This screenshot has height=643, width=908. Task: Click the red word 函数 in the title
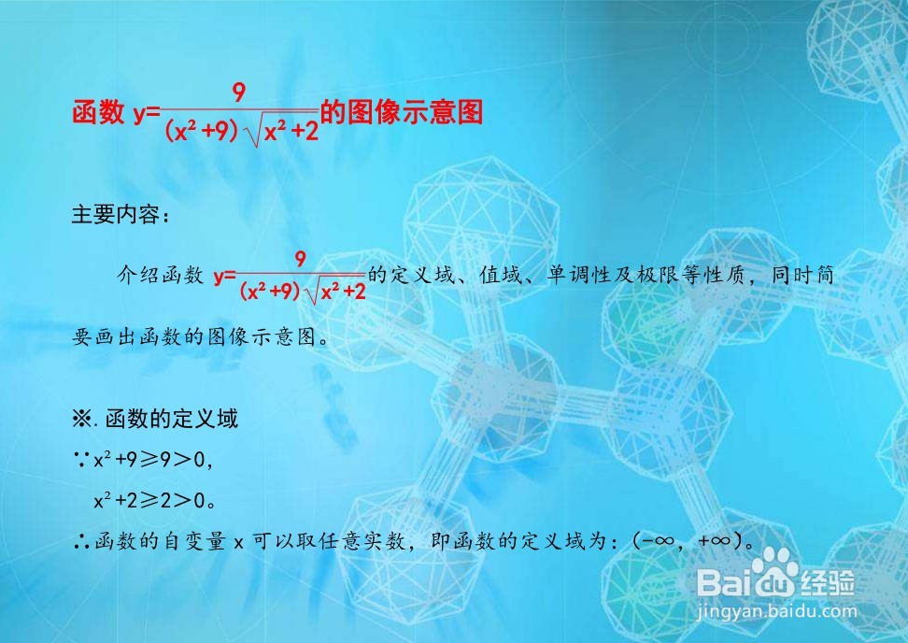98,112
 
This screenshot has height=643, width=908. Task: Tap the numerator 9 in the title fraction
238,93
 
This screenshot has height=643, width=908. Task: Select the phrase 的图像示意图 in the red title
402,112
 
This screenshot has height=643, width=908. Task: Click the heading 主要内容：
121,215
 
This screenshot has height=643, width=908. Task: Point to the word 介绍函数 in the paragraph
161,275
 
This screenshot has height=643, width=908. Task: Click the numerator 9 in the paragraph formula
300,259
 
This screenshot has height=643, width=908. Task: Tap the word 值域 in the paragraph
501,275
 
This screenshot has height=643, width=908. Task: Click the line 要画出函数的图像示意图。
201,336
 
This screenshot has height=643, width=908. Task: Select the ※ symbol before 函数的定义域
80,419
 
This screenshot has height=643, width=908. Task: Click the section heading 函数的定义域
171,419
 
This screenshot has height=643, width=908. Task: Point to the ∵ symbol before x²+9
81,461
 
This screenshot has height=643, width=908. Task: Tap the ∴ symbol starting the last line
81,542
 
